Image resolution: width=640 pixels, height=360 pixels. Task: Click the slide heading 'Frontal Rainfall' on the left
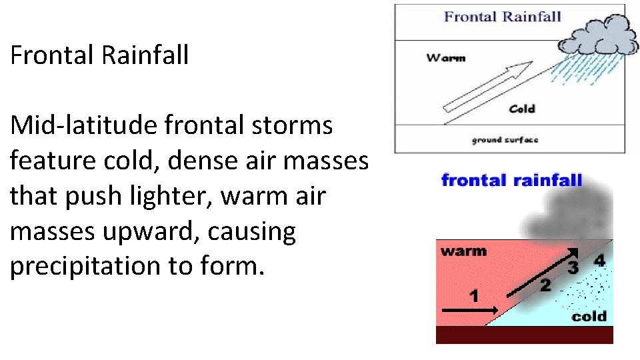(99, 55)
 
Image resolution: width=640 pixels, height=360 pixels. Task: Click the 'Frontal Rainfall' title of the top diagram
(503, 17)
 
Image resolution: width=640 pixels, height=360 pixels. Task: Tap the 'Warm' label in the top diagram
(445, 58)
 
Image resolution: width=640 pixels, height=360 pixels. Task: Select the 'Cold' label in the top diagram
(521, 109)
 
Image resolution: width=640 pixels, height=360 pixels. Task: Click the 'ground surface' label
(505, 140)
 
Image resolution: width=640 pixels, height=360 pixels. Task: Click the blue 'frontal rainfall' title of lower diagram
(511, 180)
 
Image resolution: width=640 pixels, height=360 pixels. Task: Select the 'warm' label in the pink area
(463, 251)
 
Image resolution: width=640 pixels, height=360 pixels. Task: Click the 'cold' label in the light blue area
(589, 316)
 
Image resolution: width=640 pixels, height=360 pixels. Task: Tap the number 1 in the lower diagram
(474, 295)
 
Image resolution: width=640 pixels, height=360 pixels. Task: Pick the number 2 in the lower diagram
(545, 285)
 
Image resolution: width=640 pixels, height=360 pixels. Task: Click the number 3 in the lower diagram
(573, 268)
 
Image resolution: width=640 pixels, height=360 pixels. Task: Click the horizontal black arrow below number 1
(469, 309)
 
